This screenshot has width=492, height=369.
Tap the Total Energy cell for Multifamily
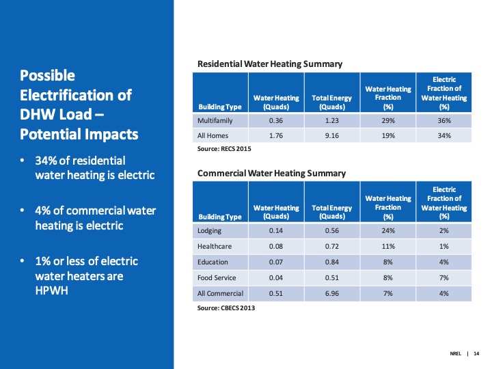(331, 120)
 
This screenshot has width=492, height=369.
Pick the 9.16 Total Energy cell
(331, 135)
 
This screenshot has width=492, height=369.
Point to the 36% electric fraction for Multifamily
(444, 120)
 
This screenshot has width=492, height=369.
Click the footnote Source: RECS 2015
(219, 148)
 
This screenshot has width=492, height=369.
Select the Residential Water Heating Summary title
(269, 64)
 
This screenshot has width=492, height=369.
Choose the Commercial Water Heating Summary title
(271, 174)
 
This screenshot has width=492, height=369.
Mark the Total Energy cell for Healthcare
(331, 246)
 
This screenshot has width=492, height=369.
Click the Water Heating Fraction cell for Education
(388, 262)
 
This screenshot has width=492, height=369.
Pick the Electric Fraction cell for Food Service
(444, 277)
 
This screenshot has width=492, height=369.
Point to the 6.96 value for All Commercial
(331, 293)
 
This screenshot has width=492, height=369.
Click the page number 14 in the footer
(476, 353)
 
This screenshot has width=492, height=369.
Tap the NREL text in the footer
(456, 353)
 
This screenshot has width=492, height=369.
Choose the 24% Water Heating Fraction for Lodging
(388, 230)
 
